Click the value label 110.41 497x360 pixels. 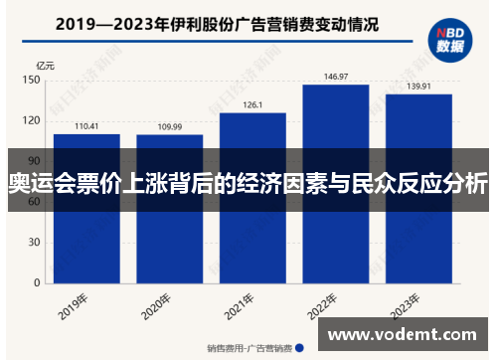[x=86, y=126]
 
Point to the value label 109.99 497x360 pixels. [x=169, y=127]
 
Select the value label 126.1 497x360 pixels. [x=252, y=105]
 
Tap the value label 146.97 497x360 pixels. [x=336, y=77]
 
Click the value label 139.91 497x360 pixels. [x=418, y=87]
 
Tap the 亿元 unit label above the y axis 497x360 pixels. [x=44, y=66]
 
